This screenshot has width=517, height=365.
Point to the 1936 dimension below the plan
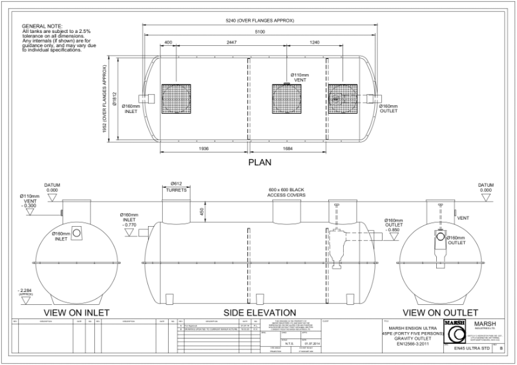[x=204, y=148]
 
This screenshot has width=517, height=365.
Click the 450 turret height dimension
[x=202, y=211]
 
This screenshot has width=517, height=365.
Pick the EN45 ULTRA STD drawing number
[x=470, y=348]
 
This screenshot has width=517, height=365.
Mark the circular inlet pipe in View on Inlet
[x=76, y=233]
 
